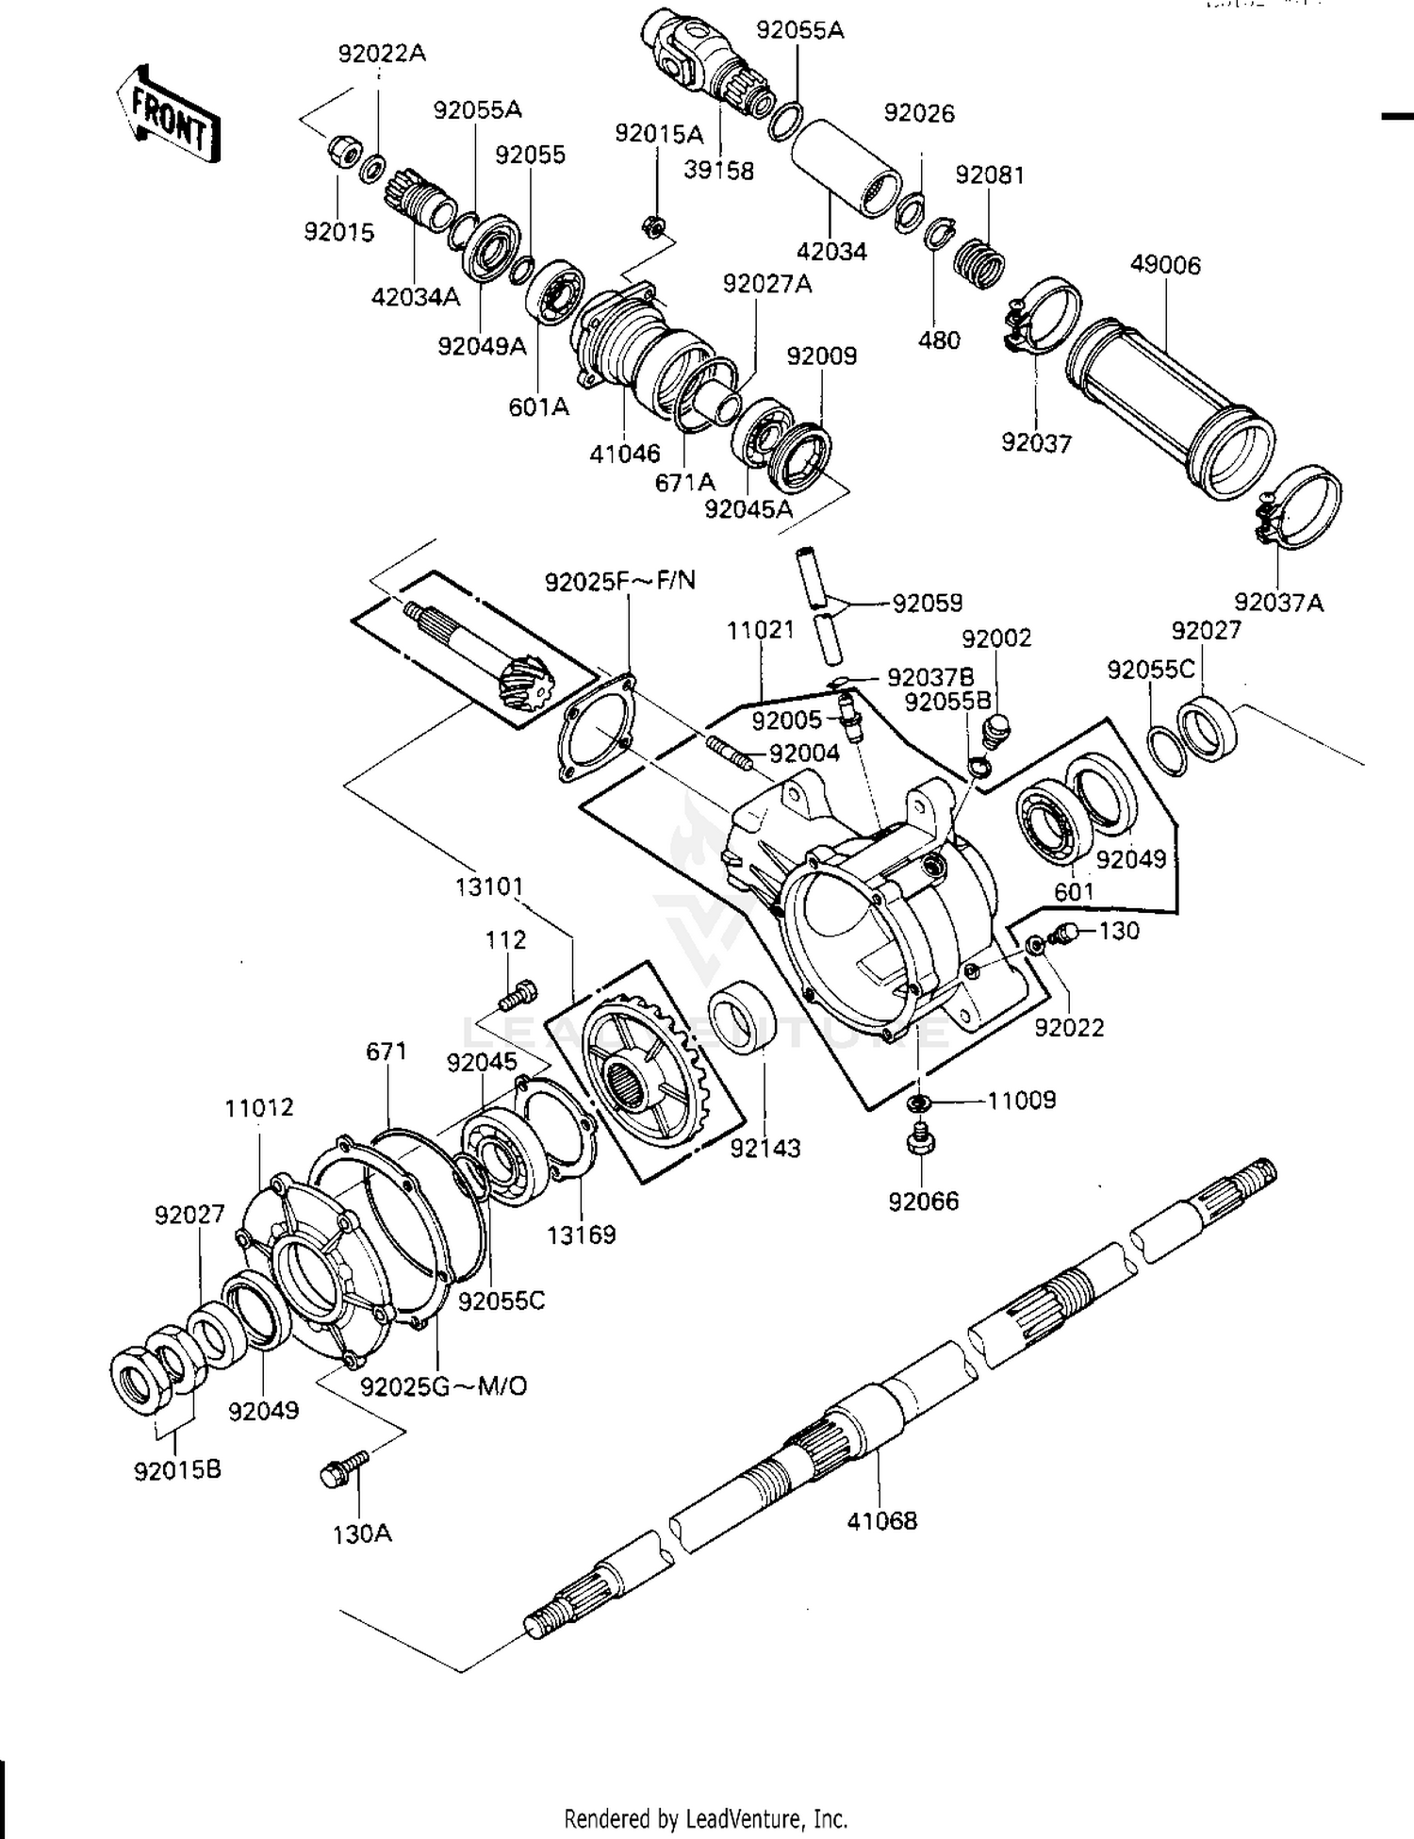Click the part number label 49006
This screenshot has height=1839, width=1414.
[1165, 265]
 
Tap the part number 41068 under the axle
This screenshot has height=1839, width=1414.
[881, 1520]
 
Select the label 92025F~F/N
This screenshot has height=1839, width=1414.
[619, 581]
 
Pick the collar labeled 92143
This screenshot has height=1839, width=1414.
[742, 1018]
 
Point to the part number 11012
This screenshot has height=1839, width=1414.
[259, 1107]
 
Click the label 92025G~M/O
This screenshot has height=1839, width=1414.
[443, 1386]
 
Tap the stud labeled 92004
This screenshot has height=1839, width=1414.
[728, 753]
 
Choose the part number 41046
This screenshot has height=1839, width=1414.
[624, 454]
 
